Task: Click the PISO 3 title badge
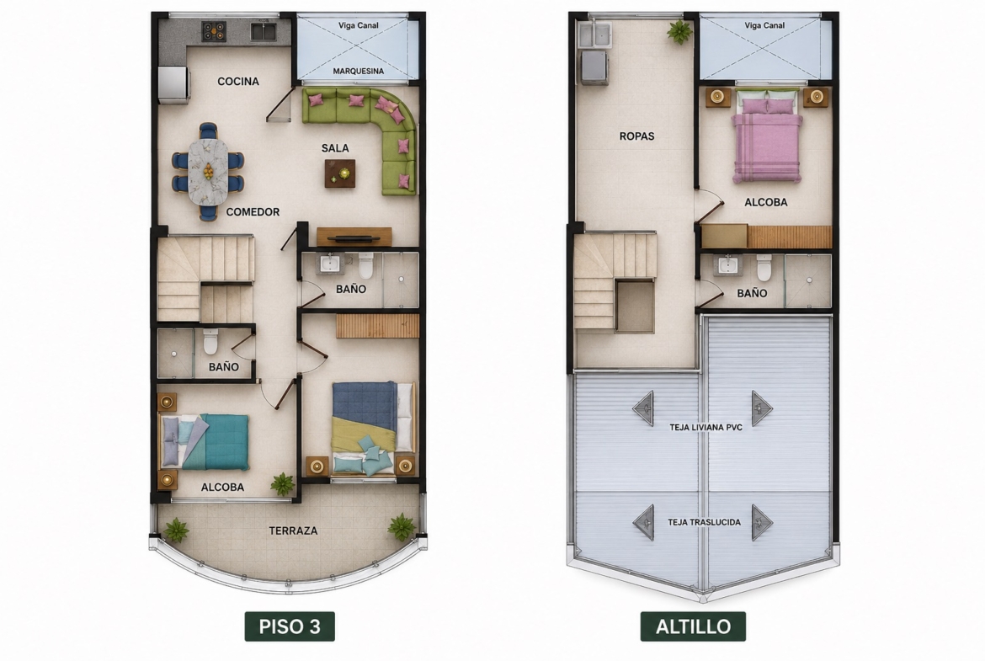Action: point(290,626)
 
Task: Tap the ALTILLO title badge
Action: point(693,626)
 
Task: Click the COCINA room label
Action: point(238,81)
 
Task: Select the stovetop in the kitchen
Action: point(214,31)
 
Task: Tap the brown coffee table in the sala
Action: point(340,173)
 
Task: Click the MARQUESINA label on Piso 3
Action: point(358,71)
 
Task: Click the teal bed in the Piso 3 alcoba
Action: point(205,442)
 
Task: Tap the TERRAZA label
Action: point(293,531)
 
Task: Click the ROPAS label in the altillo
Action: point(637,136)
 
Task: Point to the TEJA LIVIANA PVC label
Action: point(706,427)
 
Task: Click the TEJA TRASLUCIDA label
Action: point(704,522)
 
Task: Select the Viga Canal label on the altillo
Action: point(764,26)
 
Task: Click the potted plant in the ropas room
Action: point(679,31)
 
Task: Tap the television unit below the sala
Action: point(354,237)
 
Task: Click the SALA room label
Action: point(335,148)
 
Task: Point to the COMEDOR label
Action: point(253,211)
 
